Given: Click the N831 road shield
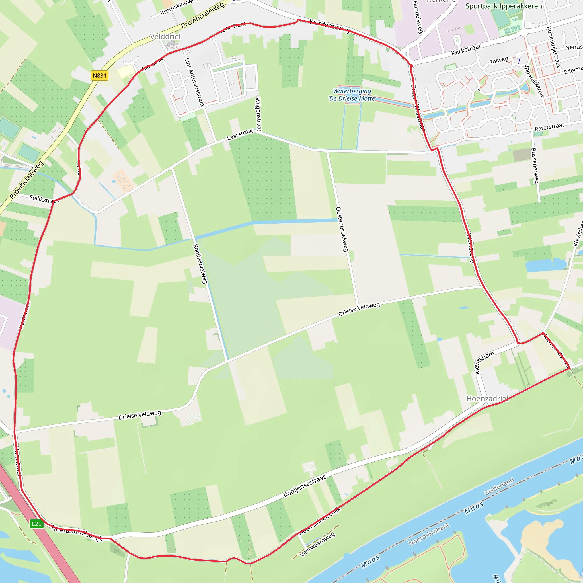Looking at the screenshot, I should tap(99, 75).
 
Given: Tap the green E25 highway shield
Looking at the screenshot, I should tap(37, 524).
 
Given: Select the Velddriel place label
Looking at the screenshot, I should tap(165, 37).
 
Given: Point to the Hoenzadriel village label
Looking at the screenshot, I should tap(487, 399).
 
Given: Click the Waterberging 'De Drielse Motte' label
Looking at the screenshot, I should tap(352, 95).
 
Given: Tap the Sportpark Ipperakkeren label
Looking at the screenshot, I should tap(504, 6).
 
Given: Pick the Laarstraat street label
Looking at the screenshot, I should tap(240, 135).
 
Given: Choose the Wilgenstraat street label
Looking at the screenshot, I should tap(258, 114).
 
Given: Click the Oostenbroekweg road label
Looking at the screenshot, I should tap(342, 229).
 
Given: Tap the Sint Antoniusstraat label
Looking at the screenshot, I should tap(194, 82).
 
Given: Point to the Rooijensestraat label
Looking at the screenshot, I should tap(305, 486).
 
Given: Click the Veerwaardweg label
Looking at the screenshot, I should tap(317, 544).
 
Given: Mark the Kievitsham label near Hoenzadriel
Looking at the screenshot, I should tap(484, 362).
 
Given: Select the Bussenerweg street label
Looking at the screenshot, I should tap(535, 166).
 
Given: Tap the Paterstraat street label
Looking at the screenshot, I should tap(549, 127).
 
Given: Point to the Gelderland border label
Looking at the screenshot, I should tap(499, 486).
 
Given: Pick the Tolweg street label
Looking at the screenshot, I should tap(499, 61).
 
